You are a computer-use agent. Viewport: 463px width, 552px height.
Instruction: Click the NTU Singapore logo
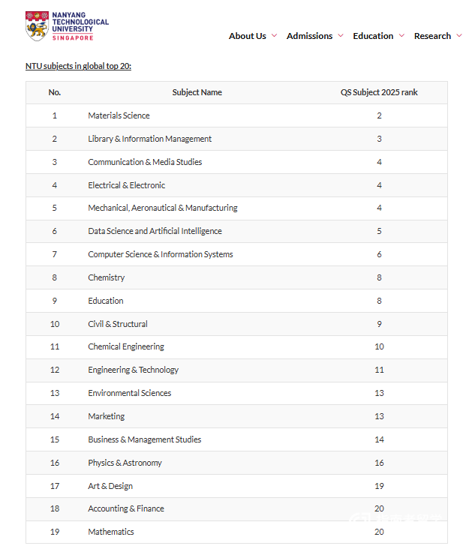(x=67, y=25)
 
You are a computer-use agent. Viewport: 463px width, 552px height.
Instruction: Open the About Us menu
(x=248, y=36)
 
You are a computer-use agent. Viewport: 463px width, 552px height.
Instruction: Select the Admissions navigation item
(x=309, y=36)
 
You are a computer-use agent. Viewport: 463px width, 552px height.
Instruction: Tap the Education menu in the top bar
(x=373, y=36)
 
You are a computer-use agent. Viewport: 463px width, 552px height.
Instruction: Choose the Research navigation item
(x=432, y=36)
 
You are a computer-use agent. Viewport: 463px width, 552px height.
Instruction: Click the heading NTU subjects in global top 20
(x=78, y=66)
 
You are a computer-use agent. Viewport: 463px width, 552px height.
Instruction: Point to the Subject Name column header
(x=197, y=92)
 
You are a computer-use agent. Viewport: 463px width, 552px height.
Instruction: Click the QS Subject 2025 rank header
(x=379, y=92)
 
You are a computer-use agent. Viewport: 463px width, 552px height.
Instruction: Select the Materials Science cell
(x=119, y=115)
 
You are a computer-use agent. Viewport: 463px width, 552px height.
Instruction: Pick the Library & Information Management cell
(x=149, y=139)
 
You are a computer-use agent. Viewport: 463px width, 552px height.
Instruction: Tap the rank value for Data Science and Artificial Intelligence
(x=379, y=231)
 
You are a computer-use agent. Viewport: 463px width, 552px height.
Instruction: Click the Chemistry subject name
(x=107, y=277)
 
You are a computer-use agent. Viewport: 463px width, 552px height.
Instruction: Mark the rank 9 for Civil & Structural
(x=379, y=324)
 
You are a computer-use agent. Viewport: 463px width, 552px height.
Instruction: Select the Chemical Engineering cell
(x=126, y=346)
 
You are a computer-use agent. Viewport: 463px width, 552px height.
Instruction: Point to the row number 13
(x=54, y=393)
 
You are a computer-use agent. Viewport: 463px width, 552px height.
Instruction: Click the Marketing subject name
(x=107, y=416)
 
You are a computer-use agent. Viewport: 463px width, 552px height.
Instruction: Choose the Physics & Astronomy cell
(x=125, y=463)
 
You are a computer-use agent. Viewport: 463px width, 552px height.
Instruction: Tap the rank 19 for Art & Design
(x=379, y=486)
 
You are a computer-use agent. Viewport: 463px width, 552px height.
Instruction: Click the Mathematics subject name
(x=111, y=532)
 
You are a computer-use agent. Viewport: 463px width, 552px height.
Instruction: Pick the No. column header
(x=54, y=92)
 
